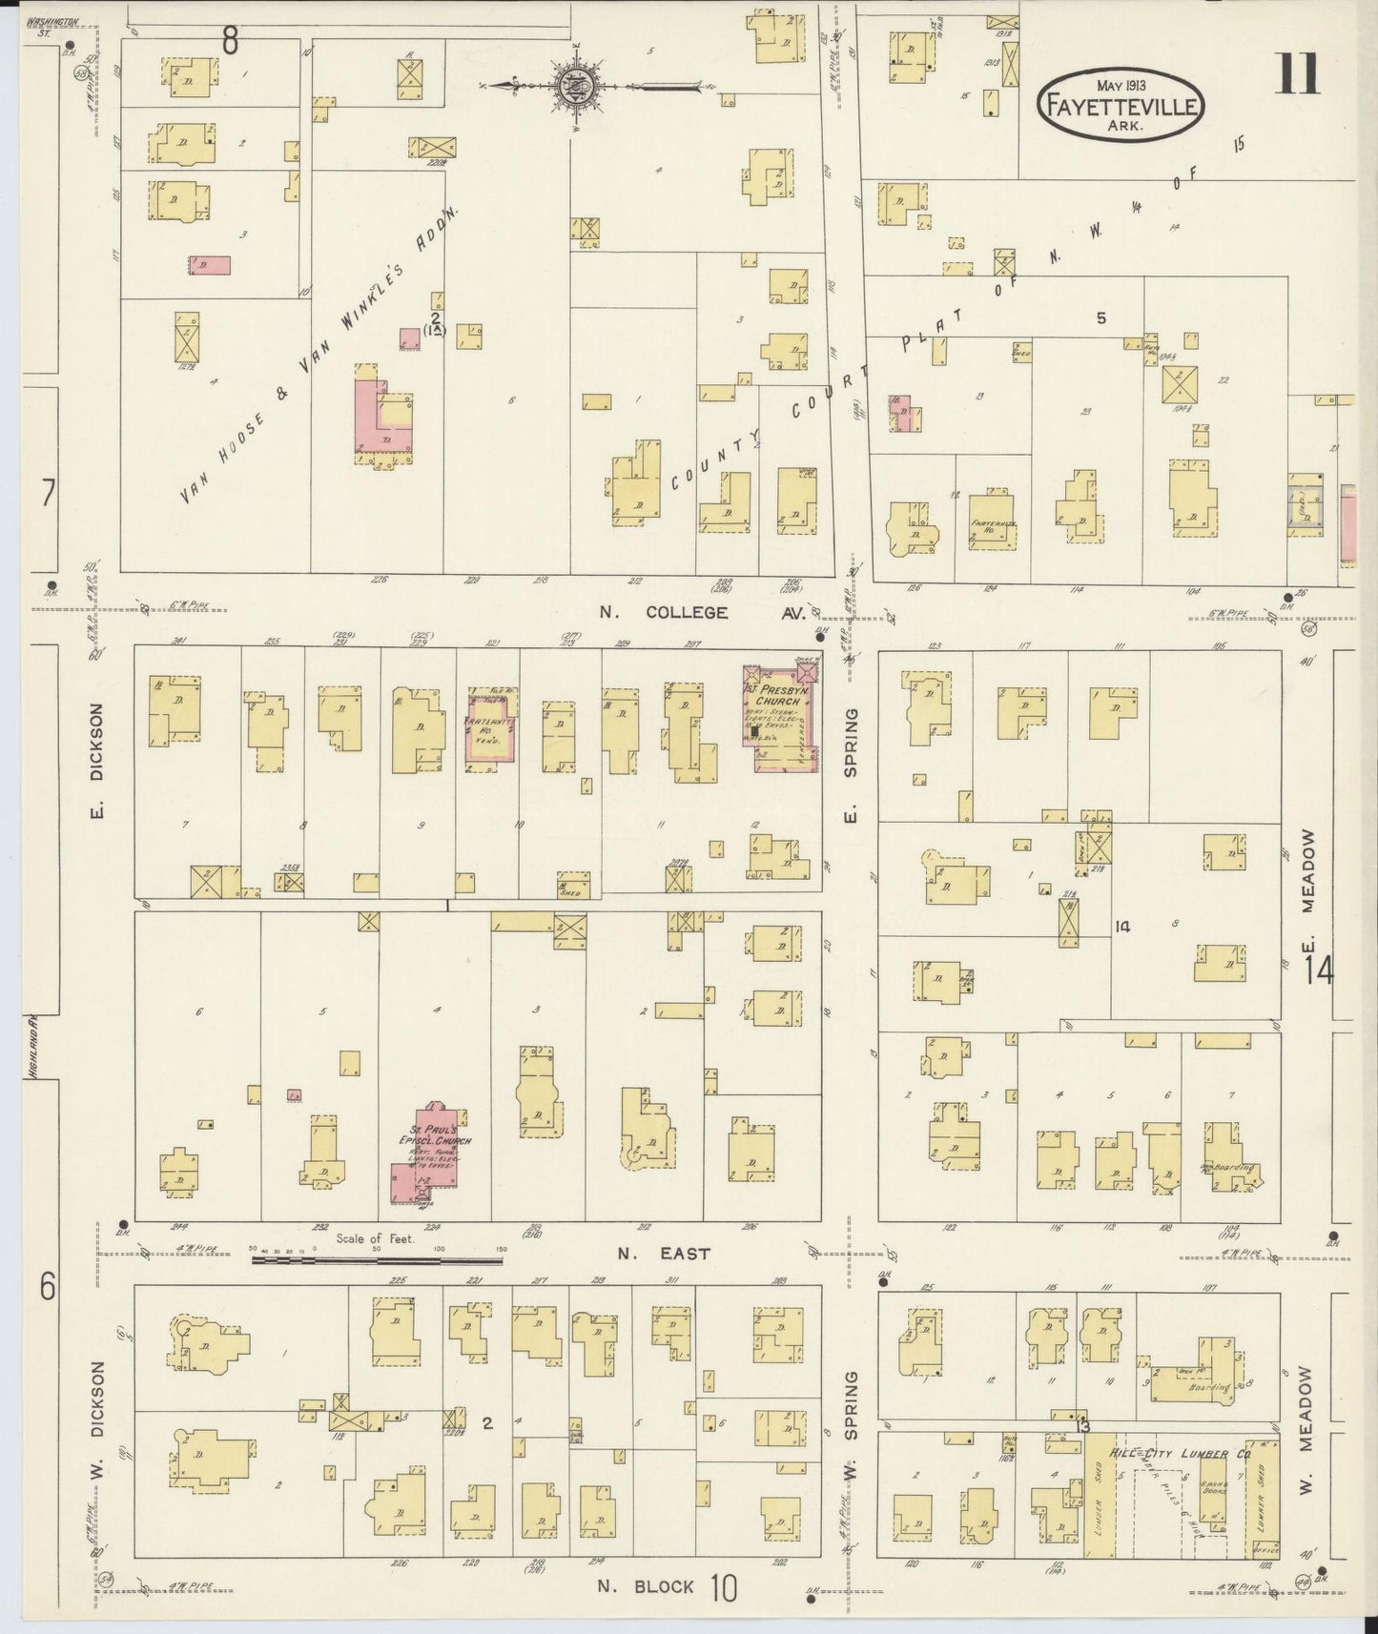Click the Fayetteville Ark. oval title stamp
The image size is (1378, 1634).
pyautogui.click(x=1120, y=104)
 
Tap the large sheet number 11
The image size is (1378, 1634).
pyautogui.click(x=1299, y=73)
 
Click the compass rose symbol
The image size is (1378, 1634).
pyautogui.click(x=576, y=85)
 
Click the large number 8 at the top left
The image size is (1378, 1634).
pyautogui.click(x=230, y=40)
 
